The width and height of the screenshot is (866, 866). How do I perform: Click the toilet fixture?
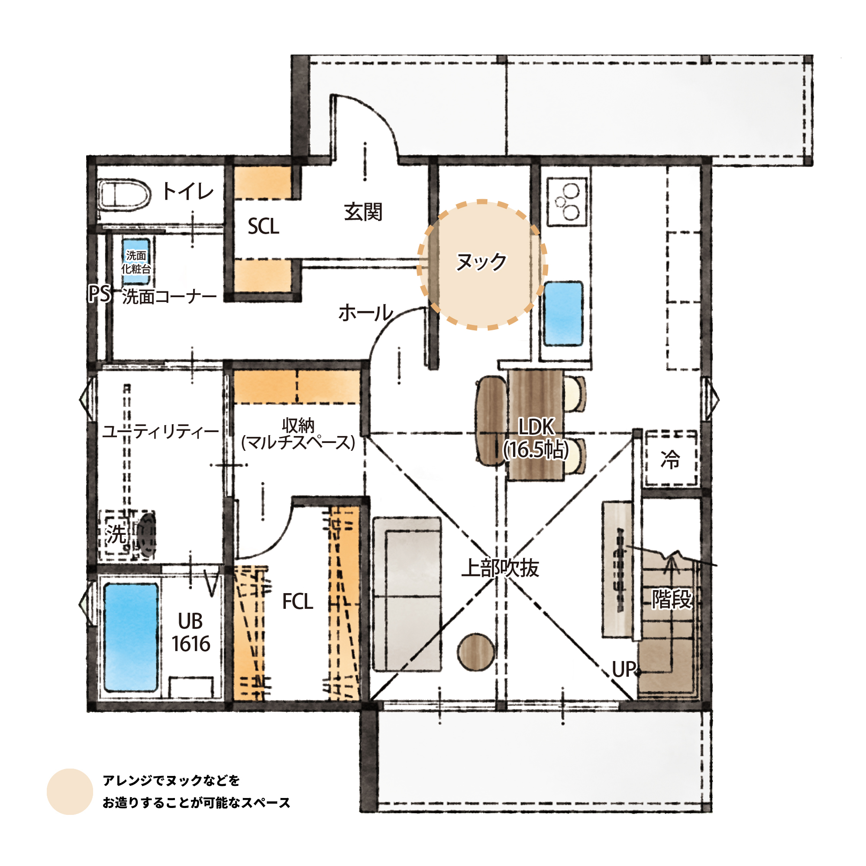pyautogui.click(x=124, y=195)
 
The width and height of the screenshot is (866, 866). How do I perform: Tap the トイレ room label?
pyautogui.click(x=188, y=191)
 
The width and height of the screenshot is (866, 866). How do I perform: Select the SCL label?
pyautogui.click(x=263, y=226)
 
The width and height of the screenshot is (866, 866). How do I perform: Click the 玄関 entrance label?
pyautogui.click(x=363, y=212)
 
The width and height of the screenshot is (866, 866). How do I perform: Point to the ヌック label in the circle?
pyautogui.click(x=481, y=262)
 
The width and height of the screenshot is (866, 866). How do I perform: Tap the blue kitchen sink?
pyautogui.click(x=563, y=314)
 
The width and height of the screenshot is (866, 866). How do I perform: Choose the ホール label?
pyautogui.click(x=366, y=313)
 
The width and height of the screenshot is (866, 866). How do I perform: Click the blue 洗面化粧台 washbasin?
pyautogui.click(x=136, y=262)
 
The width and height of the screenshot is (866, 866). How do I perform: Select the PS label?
pyautogui.click(x=100, y=294)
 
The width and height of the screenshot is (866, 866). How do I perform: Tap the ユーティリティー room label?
pyautogui.click(x=161, y=432)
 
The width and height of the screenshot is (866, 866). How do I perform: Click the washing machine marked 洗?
pyautogui.click(x=127, y=535)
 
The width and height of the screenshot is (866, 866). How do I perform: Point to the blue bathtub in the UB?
pyautogui.click(x=131, y=637)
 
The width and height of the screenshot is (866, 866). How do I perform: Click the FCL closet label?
pyautogui.click(x=297, y=601)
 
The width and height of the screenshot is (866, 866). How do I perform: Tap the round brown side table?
pyautogui.click(x=476, y=652)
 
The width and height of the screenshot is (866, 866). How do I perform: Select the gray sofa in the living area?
pyautogui.click(x=407, y=595)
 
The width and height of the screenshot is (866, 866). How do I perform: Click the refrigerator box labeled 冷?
pyautogui.click(x=671, y=459)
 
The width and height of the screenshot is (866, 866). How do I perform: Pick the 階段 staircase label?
pyautogui.click(x=672, y=599)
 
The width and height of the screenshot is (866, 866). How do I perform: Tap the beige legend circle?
pyautogui.click(x=69, y=792)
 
